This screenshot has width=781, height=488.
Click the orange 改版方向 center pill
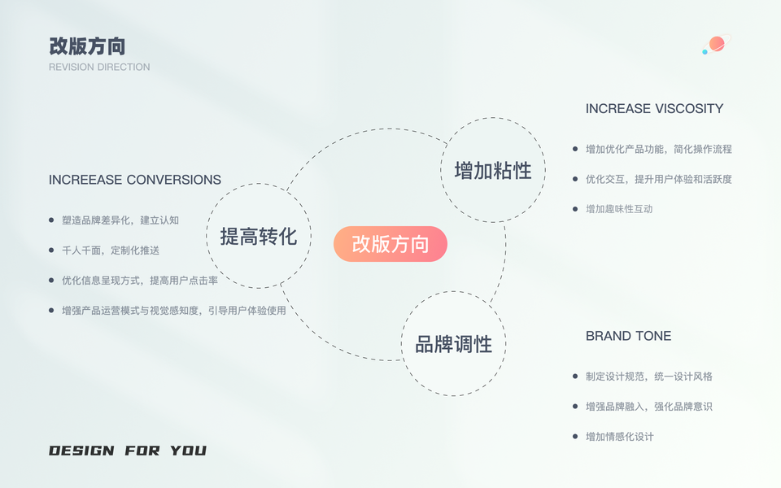pyautogui.click(x=390, y=244)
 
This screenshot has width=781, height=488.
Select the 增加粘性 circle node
pyautogui.click(x=493, y=171)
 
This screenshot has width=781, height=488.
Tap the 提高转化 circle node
pyautogui.click(x=259, y=237)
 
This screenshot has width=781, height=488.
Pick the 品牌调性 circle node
pyautogui.click(x=454, y=344)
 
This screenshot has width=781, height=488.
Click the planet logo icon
pyautogui.click(x=716, y=45)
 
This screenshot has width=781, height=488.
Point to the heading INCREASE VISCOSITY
pyautogui.click(x=654, y=109)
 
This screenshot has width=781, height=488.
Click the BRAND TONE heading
pyautogui.click(x=628, y=336)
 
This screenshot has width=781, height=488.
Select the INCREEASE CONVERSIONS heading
pyautogui.click(x=135, y=180)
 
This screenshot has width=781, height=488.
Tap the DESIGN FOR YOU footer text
pyautogui.click(x=128, y=451)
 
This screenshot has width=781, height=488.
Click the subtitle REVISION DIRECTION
pyautogui.click(x=99, y=67)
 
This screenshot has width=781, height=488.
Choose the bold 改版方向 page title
pyautogui.click(x=87, y=46)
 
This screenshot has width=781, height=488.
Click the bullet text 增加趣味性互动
pyautogui.click(x=619, y=209)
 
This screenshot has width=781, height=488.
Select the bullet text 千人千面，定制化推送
pyautogui.click(x=111, y=251)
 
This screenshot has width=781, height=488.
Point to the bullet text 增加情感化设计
pyautogui.click(x=619, y=437)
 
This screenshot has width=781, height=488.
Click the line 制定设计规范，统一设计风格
pyautogui.click(x=649, y=377)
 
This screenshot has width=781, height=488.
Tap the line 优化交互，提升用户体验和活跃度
pyautogui.click(x=659, y=179)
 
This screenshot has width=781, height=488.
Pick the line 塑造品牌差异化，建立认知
pyautogui.click(x=120, y=220)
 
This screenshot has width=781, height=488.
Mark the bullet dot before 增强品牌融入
pyautogui.click(x=575, y=406)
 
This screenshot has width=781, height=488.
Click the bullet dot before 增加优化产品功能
pyautogui.click(x=575, y=149)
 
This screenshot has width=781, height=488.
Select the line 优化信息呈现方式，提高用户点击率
pyautogui.click(x=140, y=281)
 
